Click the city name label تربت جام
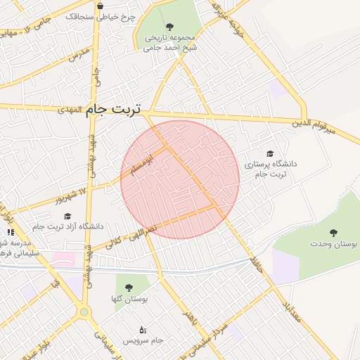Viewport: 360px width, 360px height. (113, 110)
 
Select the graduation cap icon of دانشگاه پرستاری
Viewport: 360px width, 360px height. (270, 153)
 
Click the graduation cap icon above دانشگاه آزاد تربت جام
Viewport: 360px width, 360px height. (67, 217)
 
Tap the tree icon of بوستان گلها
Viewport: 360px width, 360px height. (129, 288)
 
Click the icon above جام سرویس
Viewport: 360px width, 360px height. (143, 329)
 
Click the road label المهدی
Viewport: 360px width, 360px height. (70, 111)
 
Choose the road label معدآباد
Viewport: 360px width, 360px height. (290, 307)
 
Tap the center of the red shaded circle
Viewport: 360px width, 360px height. (180, 179)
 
